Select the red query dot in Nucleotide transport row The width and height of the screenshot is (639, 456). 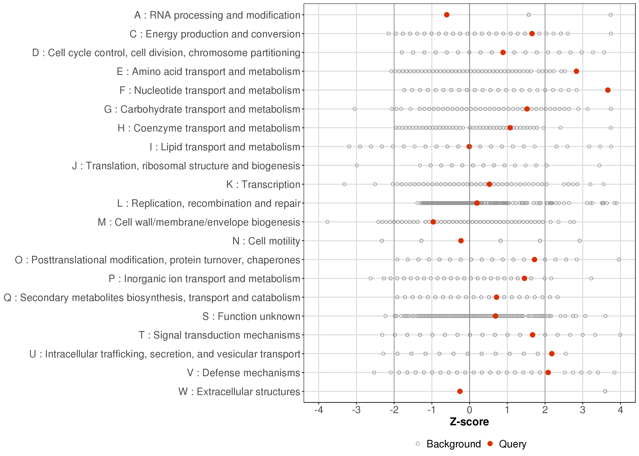coord(608,90)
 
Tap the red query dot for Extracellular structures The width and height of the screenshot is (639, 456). coord(460,391)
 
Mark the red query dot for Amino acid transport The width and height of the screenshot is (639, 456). coord(576,71)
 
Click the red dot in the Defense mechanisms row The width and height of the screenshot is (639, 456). coord(548,373)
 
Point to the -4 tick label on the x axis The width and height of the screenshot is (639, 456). coord(318,410)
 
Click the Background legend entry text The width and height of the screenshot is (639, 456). coord(454,444)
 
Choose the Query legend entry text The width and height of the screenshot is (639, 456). coord(513,444)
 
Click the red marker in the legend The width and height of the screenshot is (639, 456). coord(490,444)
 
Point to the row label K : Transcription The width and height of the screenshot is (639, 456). coord(263,185)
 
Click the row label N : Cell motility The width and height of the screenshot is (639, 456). coord(266,241)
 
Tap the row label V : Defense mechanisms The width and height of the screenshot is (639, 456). coord(244,373)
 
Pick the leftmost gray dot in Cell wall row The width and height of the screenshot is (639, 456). coord(327,222)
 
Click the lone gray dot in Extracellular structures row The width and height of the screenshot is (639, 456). coord(605,391)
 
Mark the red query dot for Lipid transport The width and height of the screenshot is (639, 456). coord(469,147)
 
